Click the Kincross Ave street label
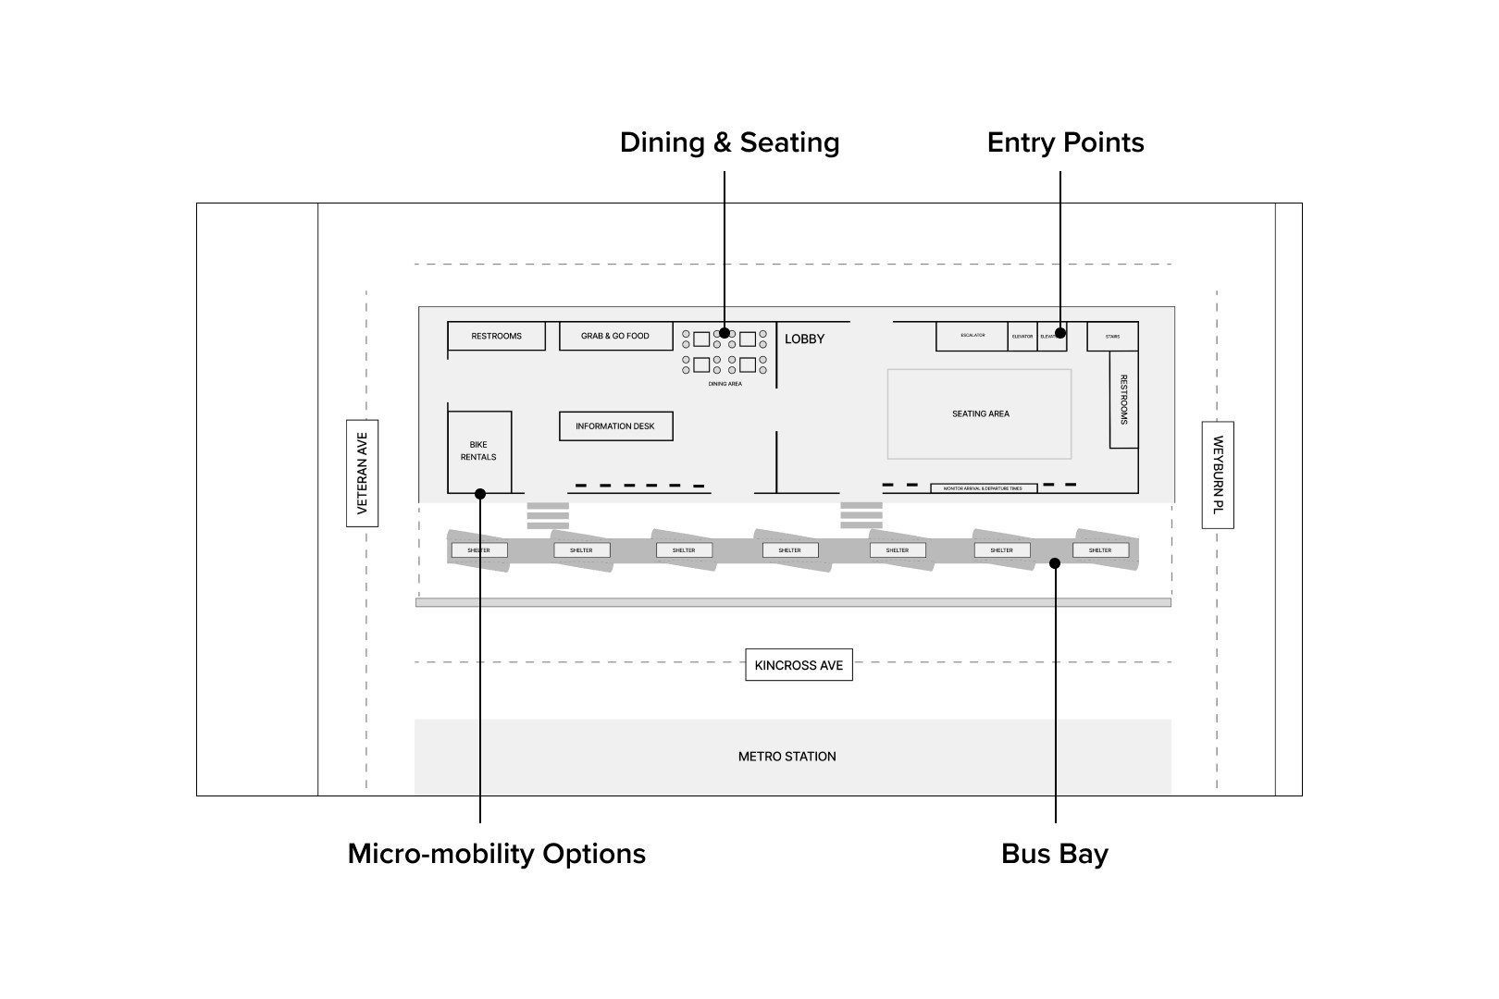point(799,665)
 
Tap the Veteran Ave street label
point(362,473)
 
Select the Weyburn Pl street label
point(1218,475)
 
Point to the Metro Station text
point(787,757)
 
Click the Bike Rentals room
point(479,450)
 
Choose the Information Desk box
point(615,426)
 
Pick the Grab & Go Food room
point(615,336)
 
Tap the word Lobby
point(804,339)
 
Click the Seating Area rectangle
point(980,413)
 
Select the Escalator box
point(972,336)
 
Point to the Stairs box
point(1112,336)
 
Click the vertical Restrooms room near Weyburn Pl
point(1124,400)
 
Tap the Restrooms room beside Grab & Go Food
point(496,336)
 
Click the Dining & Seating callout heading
point(729,142)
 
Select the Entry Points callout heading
point(1065,142)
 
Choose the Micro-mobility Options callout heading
point(496,853)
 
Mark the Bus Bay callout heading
point(1054,853)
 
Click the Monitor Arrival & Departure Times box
point(983,488)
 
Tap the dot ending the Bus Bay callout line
point(1055,562)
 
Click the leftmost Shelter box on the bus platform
point(478,550)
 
